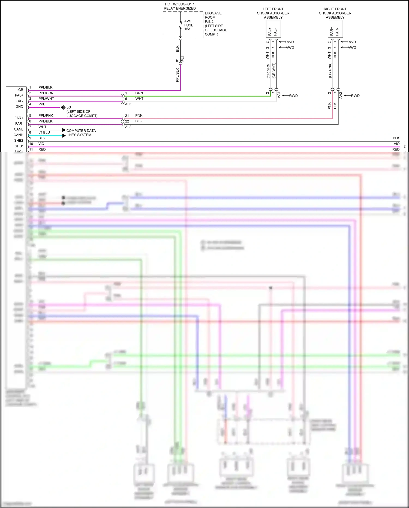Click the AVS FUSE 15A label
coord(188,25)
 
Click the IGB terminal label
coord(20,90)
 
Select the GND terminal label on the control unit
coord(19,107)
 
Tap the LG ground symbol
coord(63,107)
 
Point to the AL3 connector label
coord(128,104)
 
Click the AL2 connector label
coord(128,127)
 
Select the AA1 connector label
coord(279,95)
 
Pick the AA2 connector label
coord(341,95)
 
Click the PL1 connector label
coord(183,59)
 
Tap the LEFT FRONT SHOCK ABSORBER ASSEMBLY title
coord(273,13)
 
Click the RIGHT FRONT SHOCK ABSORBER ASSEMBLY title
coord(335,13)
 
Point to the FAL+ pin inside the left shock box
coord(270,31)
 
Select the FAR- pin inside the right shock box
coord(338,31)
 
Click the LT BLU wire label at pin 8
coord(44,133)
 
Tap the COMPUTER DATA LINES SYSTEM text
coord(81,133)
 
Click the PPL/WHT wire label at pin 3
coord(46,99)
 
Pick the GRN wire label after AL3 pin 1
coord(139,93)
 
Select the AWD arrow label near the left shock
coord(290,47)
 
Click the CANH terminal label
coord(19,135)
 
